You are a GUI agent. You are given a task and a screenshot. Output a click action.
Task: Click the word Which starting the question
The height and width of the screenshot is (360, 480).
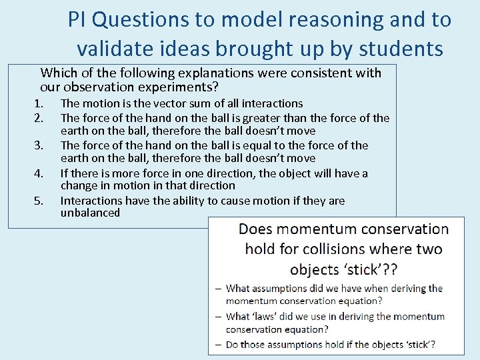(57, 73)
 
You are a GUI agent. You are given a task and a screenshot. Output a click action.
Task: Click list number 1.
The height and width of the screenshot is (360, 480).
(39, 103)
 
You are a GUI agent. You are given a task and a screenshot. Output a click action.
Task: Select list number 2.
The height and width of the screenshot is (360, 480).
(39, 118)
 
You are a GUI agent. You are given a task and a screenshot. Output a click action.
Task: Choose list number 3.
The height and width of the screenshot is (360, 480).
(39, 145)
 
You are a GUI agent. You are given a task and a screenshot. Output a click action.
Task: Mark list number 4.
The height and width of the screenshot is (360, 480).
(39, 173)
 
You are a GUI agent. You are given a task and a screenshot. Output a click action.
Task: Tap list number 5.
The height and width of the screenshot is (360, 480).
(39, 201)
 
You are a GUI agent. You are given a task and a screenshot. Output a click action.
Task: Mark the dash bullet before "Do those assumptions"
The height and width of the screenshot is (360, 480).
(219, 345)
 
